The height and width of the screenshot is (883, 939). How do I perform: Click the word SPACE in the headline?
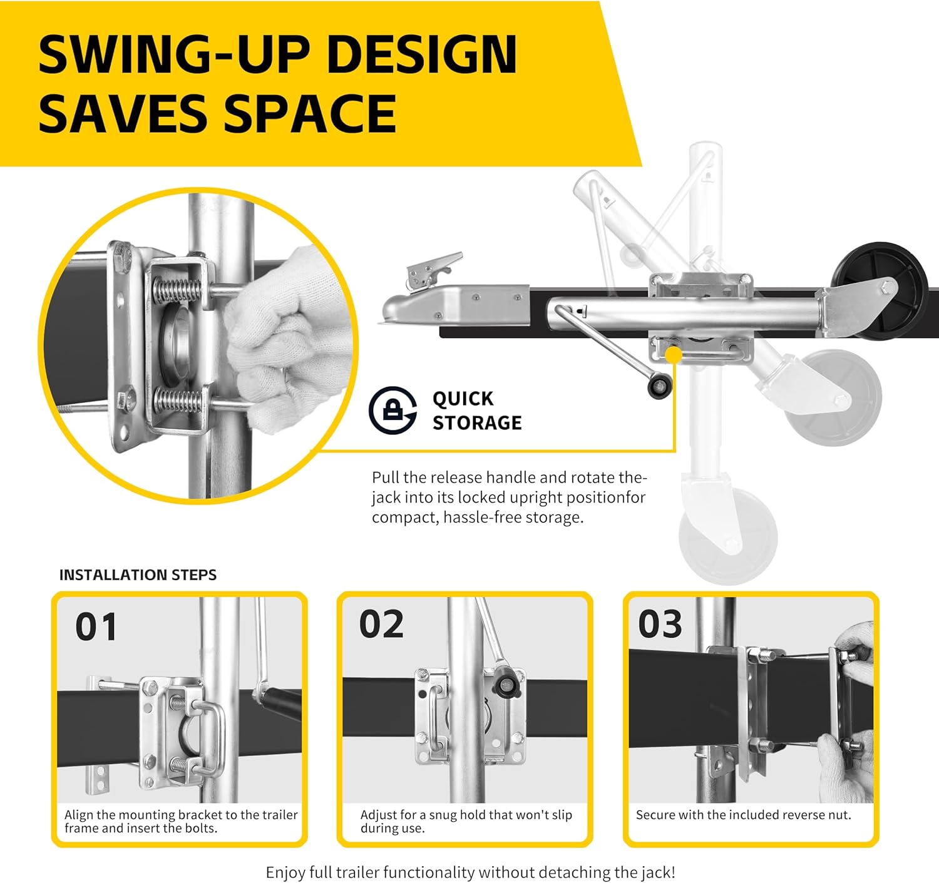[x=310, y=113]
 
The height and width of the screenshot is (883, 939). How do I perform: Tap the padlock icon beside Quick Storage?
[x=393, y=410]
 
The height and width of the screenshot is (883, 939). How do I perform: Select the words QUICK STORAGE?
[x=477, y=411]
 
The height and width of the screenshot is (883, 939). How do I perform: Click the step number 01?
[x=96, y=627]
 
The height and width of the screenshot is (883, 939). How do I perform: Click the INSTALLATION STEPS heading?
[x=138, y=575]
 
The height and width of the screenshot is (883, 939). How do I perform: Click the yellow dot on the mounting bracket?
[x=674, y=355]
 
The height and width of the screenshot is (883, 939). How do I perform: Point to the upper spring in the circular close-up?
[x=177, y=289]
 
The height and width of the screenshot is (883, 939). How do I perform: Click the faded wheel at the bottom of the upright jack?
[x=728, y=536]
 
